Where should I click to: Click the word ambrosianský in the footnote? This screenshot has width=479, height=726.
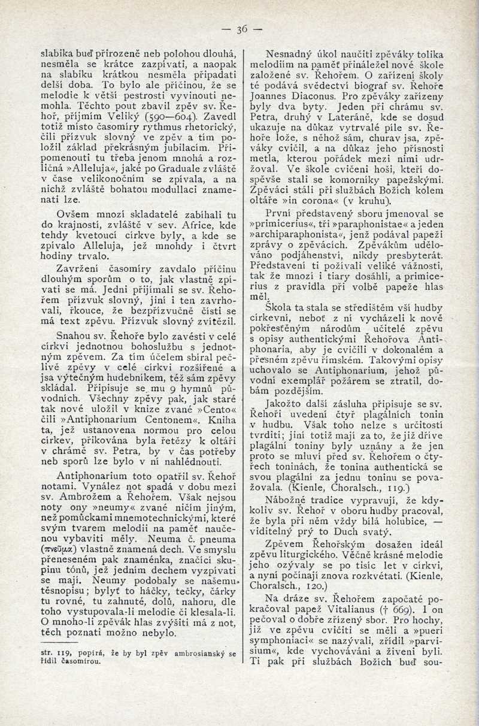point(183,654)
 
